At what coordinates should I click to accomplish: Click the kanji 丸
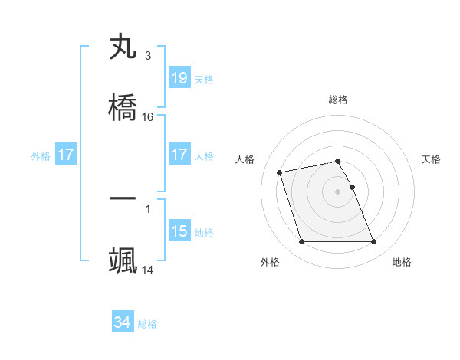(x=123, y=47)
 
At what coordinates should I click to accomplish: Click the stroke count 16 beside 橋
(x=148, y=117)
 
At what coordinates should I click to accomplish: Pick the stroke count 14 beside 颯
(x=148, y=270)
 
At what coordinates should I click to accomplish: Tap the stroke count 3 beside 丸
(x=148, y=56)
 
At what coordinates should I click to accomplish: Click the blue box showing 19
(x=179, y=78)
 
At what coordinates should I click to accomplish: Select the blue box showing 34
(x=123, y=323)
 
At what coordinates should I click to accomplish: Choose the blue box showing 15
(x=179, y=231)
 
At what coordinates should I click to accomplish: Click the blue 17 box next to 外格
(x=66, y=155)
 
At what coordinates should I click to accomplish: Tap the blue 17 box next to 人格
(x=179, y=155)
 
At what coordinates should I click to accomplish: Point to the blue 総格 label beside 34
(x=147, y=325)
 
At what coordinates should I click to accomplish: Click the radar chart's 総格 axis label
(x=338, y=100)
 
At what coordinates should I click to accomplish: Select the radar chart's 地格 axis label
(x=402, y=262)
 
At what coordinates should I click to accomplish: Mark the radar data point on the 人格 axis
(x=280, y=172)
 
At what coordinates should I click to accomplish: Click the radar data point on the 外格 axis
(x=301, y=242)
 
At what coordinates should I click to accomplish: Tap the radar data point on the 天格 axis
(x=352, y=187)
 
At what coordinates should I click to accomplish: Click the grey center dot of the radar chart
(x=338, y=191)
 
